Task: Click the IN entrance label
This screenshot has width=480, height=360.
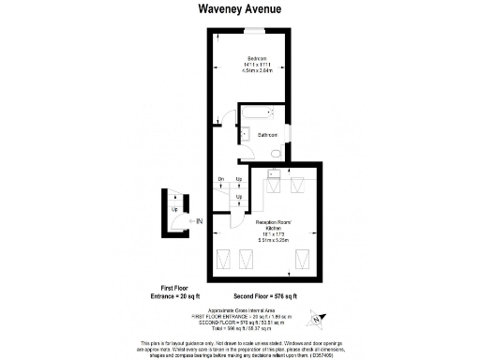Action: (198, 221)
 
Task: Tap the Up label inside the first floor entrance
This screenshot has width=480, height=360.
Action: (175, 208)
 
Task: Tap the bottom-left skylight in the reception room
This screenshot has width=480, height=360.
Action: (226, 260)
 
